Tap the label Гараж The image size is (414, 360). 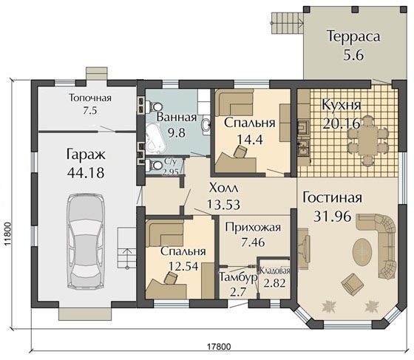click(x=86, y=155)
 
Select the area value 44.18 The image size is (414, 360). click(x=86, y=173)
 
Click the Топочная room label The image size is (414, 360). click(x=90, y=98)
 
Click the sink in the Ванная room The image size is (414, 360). click(x=206, y=125)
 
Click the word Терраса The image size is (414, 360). click(x=353, y=36)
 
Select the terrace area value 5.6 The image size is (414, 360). click(x=353, y=55)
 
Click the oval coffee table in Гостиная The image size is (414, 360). click(x=363, y=251)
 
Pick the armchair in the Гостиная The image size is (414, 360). click(x=351, y=284)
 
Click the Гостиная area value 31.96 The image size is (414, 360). click(x=333, y=216)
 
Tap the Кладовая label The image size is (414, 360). click(x=275, y=271)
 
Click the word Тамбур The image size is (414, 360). click(x=238, y=278)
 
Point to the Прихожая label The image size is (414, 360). click(x=253, y=227)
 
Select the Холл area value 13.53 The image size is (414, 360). click(x=223, y=205)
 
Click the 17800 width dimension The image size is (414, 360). click(x=218, y=346)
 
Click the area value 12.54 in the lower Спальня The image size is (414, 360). click(x=183, y=266)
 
